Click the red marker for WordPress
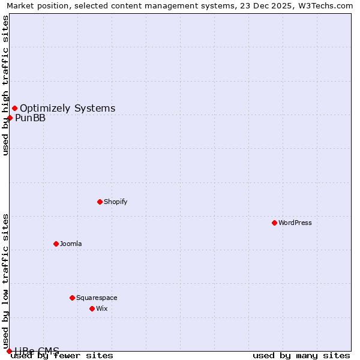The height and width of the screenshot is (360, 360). [x=274, y=223]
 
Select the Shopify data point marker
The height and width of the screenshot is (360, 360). [x=100, y=202]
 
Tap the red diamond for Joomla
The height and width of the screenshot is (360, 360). [x=56, y=244]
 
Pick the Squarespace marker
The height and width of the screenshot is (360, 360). [x=72, y=298]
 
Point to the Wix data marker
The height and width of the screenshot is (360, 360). [x=92, y=308]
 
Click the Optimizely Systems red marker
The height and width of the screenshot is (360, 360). [x=14, y=108]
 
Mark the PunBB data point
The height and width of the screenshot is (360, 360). [x=10, y=118]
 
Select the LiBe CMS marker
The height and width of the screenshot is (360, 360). [x=9, y=351]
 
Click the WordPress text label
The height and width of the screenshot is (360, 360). [x=295, y=223]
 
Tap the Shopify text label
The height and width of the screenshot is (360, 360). [x=116, y=202]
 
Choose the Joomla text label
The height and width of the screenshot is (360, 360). [x=71, y=244]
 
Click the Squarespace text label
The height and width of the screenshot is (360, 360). [x=97, y=298]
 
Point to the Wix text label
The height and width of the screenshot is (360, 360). [x=102, y=308]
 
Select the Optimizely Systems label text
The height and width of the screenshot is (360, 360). [x=68, y=108]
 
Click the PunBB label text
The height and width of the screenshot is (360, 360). [x=31, y=118]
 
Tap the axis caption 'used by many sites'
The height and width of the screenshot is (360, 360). [x=301, y=356]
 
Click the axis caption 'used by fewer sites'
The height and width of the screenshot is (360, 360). [x=62, y=356]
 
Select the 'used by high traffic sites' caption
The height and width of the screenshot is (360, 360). [x=5, y=85]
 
